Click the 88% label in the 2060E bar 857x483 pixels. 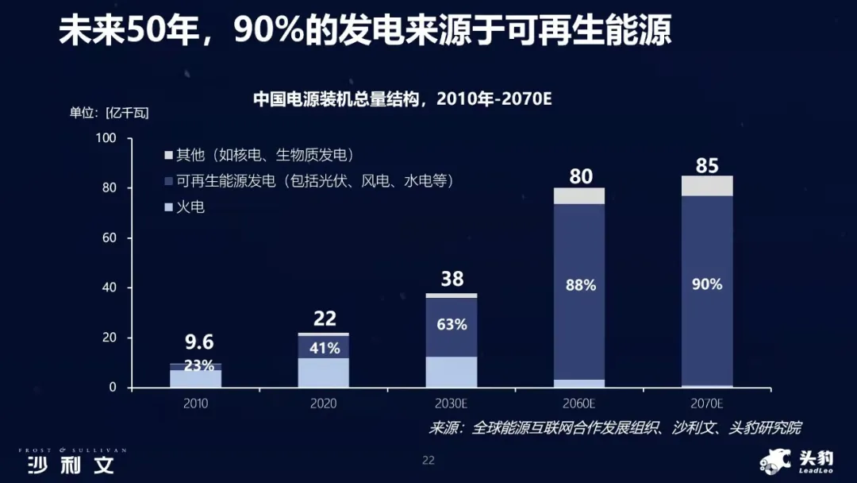coord(581,285)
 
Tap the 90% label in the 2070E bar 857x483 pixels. coord(707,284)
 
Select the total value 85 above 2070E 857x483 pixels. coord(707,166)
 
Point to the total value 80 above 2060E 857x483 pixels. coord(581,176)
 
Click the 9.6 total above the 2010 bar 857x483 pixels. coord(199,342)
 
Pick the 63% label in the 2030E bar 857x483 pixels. coord(452,324)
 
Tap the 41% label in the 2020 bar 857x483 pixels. coord(324,348)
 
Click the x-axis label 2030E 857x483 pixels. coord(451,404)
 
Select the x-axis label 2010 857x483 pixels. coord(195,404)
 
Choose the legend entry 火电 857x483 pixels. coord(190,207)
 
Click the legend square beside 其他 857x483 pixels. coord(167,155)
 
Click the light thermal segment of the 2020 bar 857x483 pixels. coord(324,373)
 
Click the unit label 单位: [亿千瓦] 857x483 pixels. coord(109,113)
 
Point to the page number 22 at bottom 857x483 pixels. coord(428,460)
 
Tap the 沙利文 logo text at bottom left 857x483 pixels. coord(71,465)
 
